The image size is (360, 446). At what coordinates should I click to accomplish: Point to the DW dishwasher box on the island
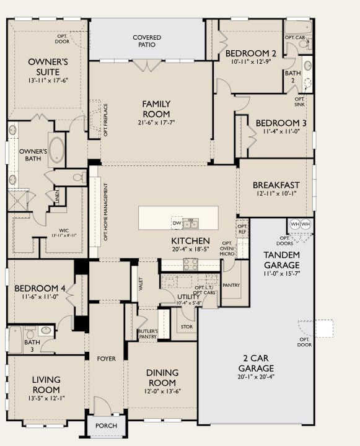(x=177, y=222)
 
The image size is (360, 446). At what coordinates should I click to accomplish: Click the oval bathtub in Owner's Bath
(x=56, y=149)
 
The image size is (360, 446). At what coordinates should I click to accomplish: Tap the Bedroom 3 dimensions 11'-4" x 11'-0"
(x=280, y=131)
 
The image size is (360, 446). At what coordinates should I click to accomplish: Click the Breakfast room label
(x=276, y=185)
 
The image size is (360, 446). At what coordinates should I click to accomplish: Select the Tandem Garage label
(x=282, y=260)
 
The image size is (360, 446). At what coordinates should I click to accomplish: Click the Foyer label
(x=106, y=358)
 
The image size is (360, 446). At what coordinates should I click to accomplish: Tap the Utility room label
(x=188, y=297)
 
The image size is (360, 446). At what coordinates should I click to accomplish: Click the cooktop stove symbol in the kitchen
(x=191, y=262)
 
